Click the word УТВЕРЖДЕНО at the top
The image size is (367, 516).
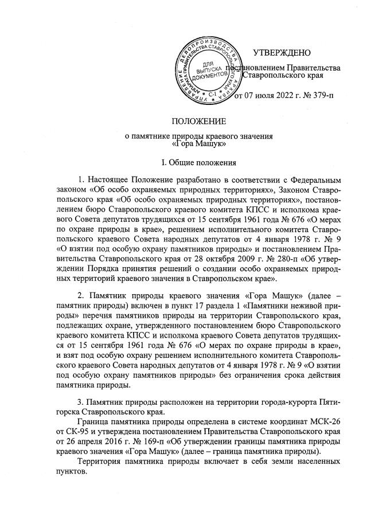coord(282,53)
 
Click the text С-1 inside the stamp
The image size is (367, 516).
coord(212,93)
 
